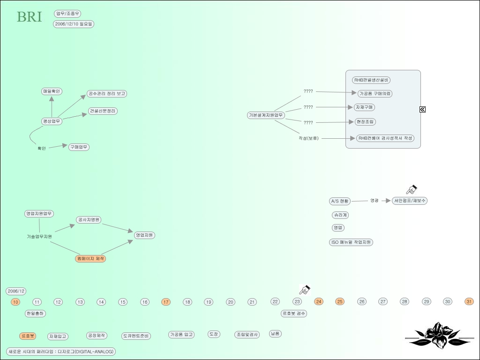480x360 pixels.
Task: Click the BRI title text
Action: (x=29, y=17)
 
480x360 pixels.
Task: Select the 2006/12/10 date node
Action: (x=74, y=24)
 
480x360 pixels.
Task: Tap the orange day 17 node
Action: (x=166, y=302)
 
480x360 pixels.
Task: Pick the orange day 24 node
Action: (x=319, y=301)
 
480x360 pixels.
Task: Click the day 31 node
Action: (x=469, y=301)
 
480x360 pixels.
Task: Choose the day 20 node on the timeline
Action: (x=231, y=302)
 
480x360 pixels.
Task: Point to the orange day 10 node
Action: (x=16, y=302)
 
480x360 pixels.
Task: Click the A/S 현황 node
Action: (x=340, y=201)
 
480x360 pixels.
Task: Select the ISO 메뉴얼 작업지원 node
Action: (x=351, y=242)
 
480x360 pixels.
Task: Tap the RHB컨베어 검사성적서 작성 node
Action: (x=385, y=138)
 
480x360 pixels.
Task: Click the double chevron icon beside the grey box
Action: (x=422, y=109)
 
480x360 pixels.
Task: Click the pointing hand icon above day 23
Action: (x=305, y=289)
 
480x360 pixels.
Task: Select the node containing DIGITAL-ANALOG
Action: (x=61, y=352)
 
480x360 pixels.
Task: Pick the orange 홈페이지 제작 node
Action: (x=90, y=259)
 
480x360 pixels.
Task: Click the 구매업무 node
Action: (x=79, y=147)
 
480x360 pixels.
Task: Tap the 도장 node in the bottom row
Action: (x=214, y=334)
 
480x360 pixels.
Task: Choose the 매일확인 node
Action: (x=52, y=91)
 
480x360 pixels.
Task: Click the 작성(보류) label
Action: (x=308, y=138)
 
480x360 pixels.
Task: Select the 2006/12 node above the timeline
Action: (x=16, y=291)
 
